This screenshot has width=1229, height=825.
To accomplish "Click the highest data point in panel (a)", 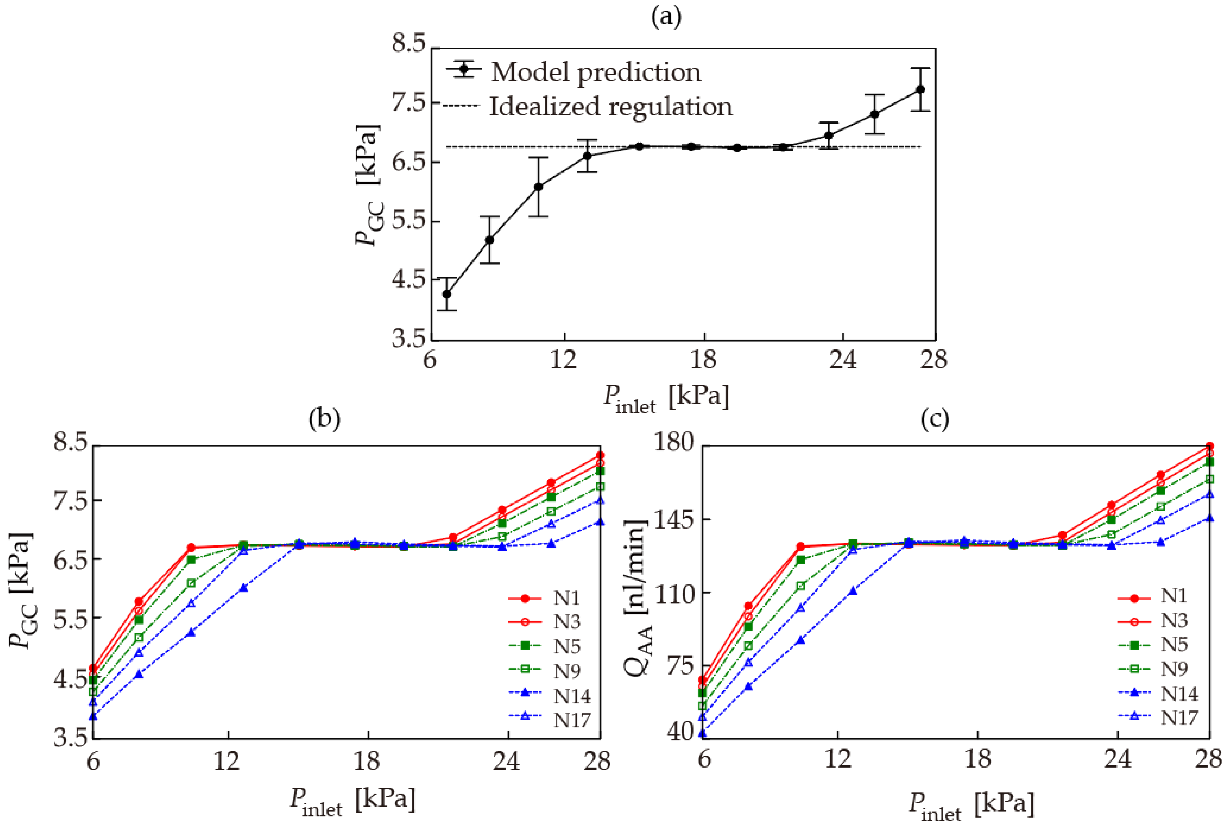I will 920,89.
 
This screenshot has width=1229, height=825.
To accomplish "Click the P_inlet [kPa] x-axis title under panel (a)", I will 666,399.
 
